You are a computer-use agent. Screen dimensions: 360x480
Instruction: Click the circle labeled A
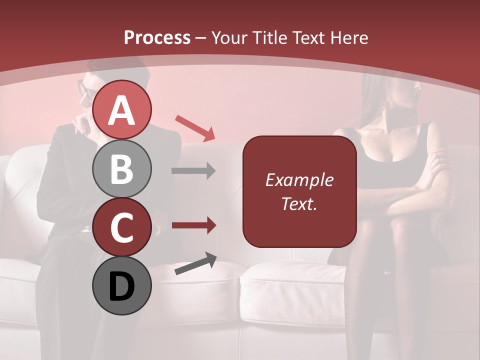click(x=122, y=110)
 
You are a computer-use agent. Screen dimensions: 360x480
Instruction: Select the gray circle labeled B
click(x=122, y=169)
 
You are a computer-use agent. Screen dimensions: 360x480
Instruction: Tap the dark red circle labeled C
click(x=122, y=227)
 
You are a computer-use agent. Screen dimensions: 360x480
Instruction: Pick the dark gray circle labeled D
click(x=122, y=286)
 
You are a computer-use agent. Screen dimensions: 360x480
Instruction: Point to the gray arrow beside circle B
click(x=193, y=171)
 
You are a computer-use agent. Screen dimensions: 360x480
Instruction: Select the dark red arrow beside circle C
click(x=193, y=225)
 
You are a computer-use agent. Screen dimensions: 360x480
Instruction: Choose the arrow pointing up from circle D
click(x=195, y=264)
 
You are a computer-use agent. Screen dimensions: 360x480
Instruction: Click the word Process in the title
click(x=157, y=37)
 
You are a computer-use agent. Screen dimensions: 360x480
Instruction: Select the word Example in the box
click(x=299, y=180)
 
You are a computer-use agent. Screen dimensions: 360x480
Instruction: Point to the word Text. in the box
click(x=299, y=203)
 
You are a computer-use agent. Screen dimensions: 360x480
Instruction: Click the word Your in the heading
click(x=229, y=37)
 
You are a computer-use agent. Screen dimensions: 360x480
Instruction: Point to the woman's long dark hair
click(x=372, y=110)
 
